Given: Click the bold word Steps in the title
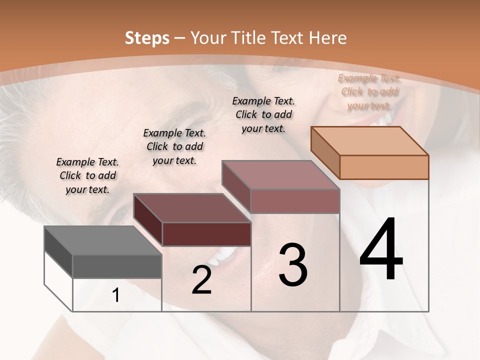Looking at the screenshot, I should coord(147,38).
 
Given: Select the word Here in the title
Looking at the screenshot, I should coord(327,38).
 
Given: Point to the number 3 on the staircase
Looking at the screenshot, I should coord(293,265).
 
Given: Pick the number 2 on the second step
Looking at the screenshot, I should coord(201,280).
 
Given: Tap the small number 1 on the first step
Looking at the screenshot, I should coord(116,295).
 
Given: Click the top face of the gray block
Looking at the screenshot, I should coord(102,240).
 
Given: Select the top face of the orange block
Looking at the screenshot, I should coord(370,141).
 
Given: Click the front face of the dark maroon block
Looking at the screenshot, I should coord(206,234).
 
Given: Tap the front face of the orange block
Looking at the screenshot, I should coord(384,167).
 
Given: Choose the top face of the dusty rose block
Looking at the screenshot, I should coord(281,175).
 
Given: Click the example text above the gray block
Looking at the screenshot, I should coord(87,175).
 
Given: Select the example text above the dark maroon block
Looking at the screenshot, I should coord(174,146).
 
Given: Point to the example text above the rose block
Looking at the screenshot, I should coord(263,114).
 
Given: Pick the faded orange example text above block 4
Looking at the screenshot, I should coord(369,91).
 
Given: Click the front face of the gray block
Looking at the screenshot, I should coord(117,266).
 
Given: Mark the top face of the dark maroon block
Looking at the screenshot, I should coord(192,208).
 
